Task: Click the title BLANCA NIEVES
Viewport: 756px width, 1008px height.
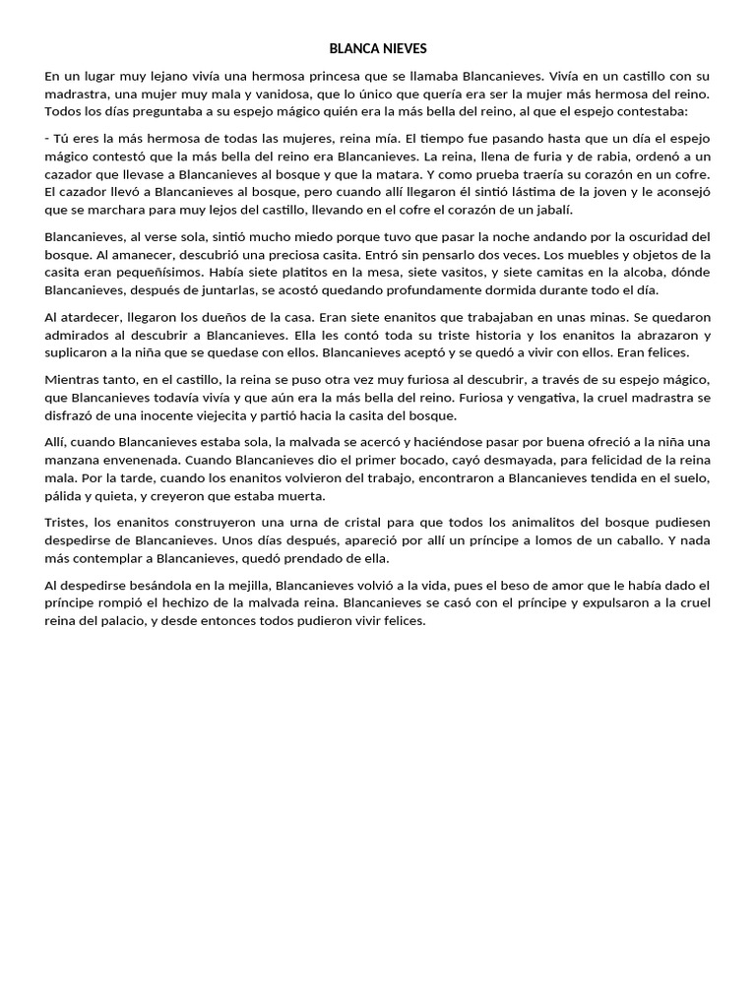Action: [378, 48]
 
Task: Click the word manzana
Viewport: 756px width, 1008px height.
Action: [79, 461]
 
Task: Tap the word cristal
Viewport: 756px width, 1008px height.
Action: [335, 523]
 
